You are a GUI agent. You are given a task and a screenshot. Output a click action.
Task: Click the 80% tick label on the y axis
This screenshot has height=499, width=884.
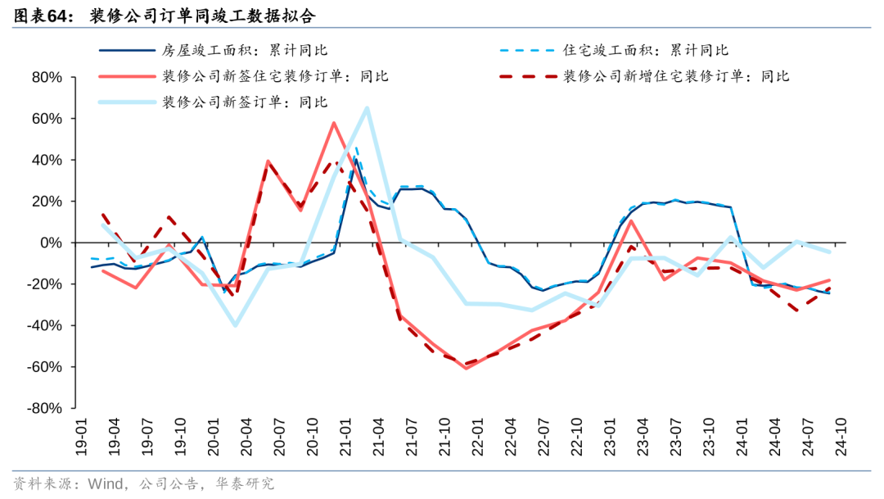[x=47, y=78]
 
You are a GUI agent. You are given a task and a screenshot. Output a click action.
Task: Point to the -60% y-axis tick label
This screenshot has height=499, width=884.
[x=44, y=367]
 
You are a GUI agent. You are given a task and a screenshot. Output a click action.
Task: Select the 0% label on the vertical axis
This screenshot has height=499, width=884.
[x=52, y=243]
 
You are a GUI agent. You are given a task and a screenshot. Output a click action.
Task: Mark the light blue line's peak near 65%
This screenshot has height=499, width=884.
[x=367, y=108]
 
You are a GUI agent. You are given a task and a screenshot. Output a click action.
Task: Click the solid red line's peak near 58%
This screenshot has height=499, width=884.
[x=334, y=123]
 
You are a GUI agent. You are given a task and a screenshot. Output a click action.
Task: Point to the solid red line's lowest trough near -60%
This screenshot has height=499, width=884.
[x=466, y=368]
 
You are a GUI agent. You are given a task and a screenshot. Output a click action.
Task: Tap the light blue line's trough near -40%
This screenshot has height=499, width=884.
[x=236, y=325]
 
